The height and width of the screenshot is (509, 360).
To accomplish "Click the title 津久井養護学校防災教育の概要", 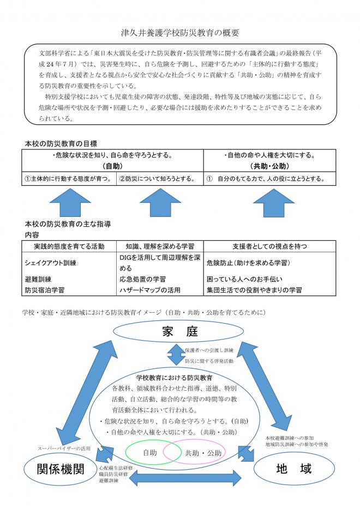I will (180, 33).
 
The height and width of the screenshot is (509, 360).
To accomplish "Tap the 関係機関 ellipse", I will (61, 468).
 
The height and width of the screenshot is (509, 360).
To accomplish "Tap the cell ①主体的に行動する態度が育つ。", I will (69, 179).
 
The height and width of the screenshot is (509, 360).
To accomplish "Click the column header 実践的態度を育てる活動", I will (69, 246).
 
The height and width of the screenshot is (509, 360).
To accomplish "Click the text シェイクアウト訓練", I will (50, 263).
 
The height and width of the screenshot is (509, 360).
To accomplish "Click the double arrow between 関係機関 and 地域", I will (185, 477).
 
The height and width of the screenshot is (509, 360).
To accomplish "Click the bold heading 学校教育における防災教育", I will (174, 377).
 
